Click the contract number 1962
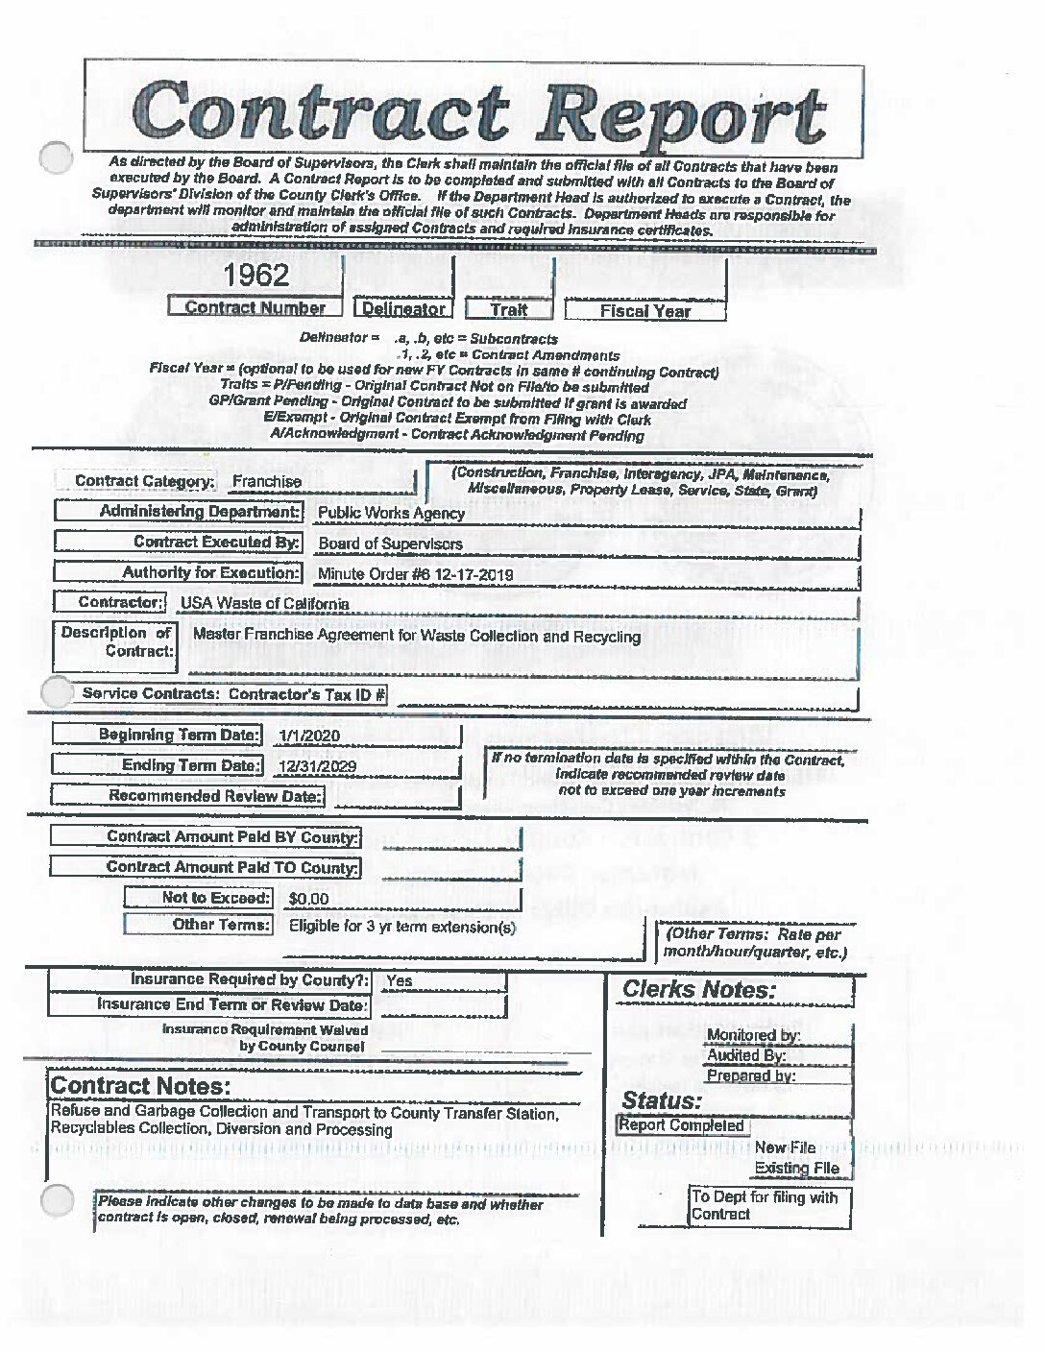256,276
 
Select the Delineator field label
404,309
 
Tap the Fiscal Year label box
645,311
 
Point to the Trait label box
509,309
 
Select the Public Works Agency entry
391,513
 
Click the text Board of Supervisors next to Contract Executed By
390,543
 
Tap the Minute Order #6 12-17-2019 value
415,575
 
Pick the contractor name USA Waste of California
265,604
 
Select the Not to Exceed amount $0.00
308,900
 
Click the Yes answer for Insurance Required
399,981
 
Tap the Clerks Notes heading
698,990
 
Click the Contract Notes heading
140,1086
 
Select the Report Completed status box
682,1125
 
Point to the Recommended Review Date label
215,796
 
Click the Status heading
662,1100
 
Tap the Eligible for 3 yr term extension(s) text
402,928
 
